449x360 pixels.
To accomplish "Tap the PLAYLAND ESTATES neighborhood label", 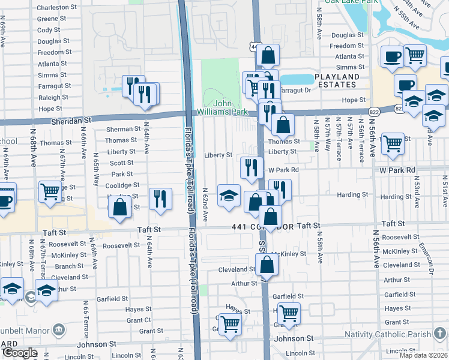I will click(337, 80).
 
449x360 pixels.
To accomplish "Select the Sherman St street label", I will click(119, 129).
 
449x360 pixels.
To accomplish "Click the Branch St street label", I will click(69, 266).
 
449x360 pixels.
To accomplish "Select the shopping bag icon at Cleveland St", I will click(265, 263).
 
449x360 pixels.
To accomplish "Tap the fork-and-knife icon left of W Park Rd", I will click(251, 167).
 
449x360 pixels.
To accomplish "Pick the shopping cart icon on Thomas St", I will click(393, 143).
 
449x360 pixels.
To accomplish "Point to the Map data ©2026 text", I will click(423, 355).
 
